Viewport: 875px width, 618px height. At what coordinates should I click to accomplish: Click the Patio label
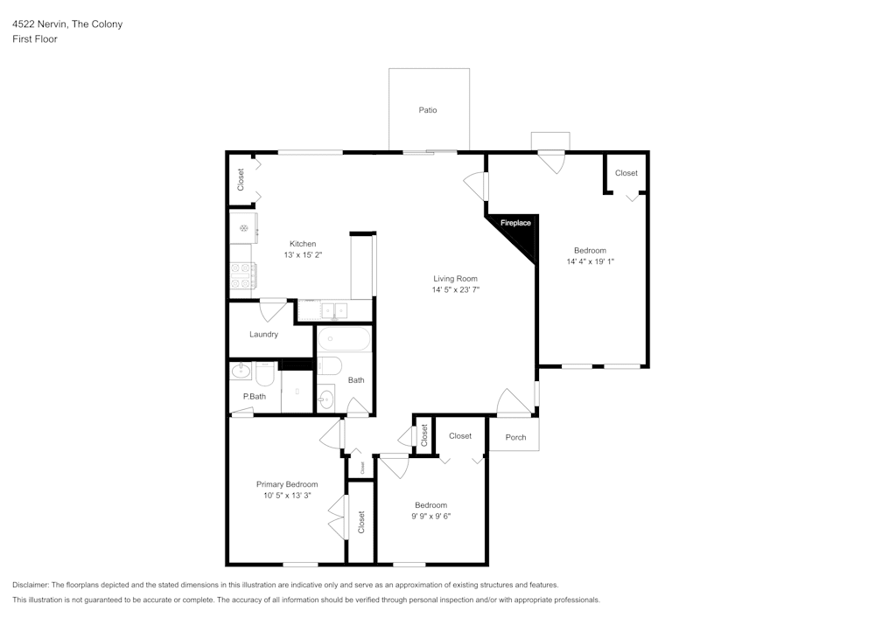pos(427,110)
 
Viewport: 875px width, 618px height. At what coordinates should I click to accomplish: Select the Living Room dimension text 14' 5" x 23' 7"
pos(455,289)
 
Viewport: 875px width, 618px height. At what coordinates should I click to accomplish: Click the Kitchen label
pos(303,244)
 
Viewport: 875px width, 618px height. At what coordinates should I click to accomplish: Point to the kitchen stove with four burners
pos(242,276)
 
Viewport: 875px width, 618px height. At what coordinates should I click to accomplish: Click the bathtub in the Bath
pos(344,339)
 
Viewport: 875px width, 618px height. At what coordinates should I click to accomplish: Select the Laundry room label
pos(263,334)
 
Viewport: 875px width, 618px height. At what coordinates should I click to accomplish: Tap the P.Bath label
pos(254,397)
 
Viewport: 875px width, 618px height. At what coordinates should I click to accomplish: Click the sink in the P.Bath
pos(241,373)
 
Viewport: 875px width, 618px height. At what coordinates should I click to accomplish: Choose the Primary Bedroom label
pos(286,484)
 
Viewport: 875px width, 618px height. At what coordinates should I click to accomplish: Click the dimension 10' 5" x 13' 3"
pos(286,496)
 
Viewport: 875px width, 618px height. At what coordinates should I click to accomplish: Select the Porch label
pos(515,437)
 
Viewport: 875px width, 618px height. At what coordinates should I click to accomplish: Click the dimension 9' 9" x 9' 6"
pos(430,516)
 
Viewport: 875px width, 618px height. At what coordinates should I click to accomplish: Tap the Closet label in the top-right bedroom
pos(626,173)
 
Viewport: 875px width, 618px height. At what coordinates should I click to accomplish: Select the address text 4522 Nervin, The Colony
pos(66,24)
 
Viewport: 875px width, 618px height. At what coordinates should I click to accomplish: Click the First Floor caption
pos(34,39)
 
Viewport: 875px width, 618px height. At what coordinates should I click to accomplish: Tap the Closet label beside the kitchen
pos(241,179)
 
